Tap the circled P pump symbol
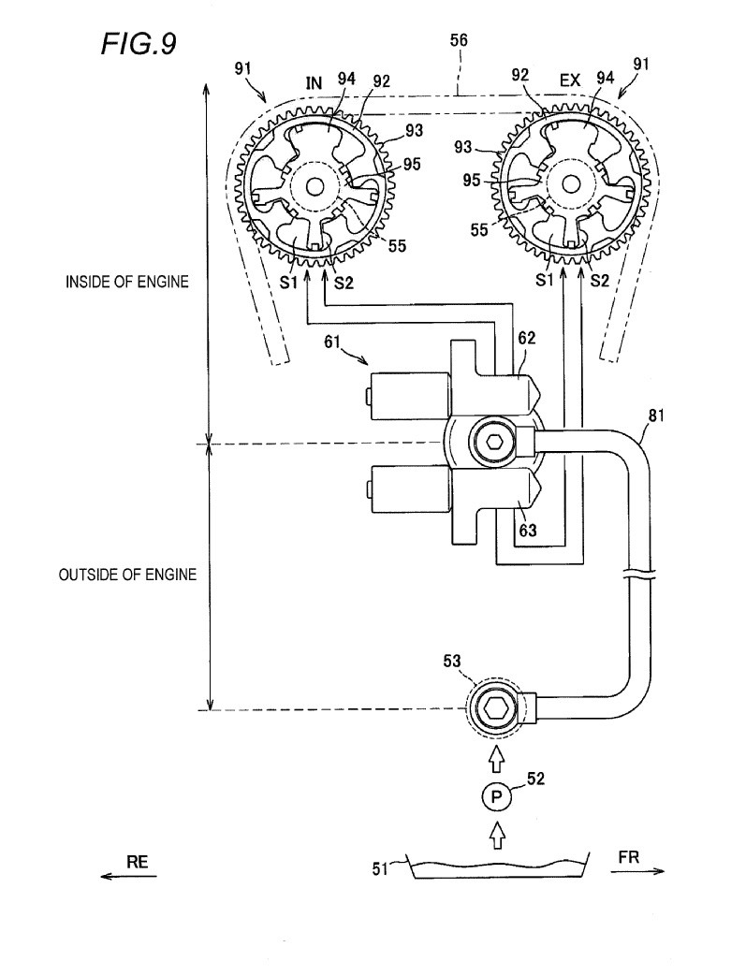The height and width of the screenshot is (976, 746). [x=497, y=797]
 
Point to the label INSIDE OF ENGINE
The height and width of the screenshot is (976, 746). [x=127, y=281]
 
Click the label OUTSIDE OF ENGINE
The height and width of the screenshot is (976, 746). [x=127, y=575]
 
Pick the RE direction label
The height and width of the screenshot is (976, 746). [x=138, y=864]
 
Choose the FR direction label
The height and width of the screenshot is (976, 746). [x=629, y=857]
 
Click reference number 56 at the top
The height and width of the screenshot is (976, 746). [x=459, y=40]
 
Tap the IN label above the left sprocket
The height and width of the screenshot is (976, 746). [x=314, y=83]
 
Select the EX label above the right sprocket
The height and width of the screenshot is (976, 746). [x=570, y=81]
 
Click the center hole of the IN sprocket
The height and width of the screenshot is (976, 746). [x=314, y=187]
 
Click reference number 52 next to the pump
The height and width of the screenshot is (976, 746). [x=534, y=778]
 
